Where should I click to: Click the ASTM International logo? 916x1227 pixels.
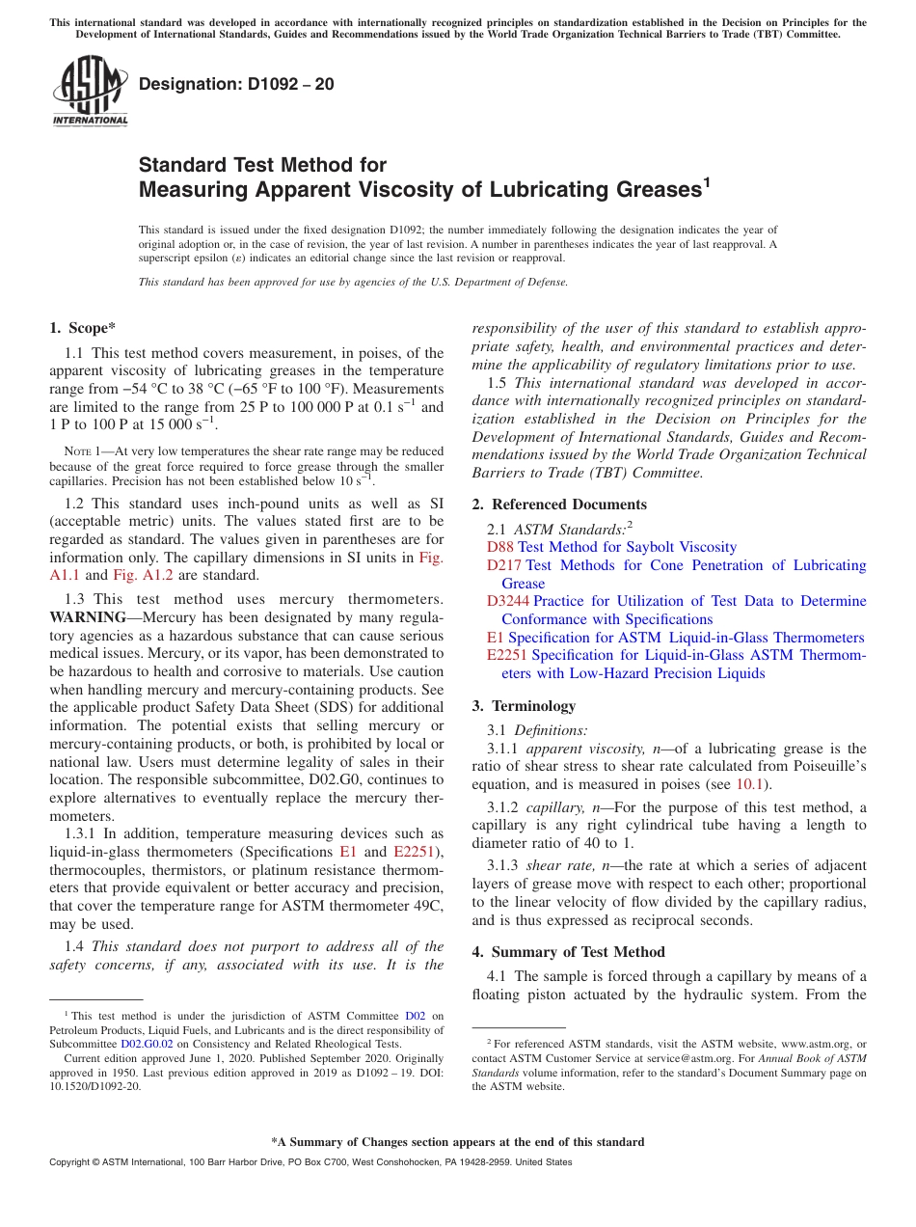90,91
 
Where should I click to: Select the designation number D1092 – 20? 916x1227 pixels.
236,84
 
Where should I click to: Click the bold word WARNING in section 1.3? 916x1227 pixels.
88,617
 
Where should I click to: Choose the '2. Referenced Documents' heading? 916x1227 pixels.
559,504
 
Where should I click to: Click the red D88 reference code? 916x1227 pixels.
500,547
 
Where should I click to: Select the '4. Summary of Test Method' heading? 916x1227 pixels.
568,952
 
